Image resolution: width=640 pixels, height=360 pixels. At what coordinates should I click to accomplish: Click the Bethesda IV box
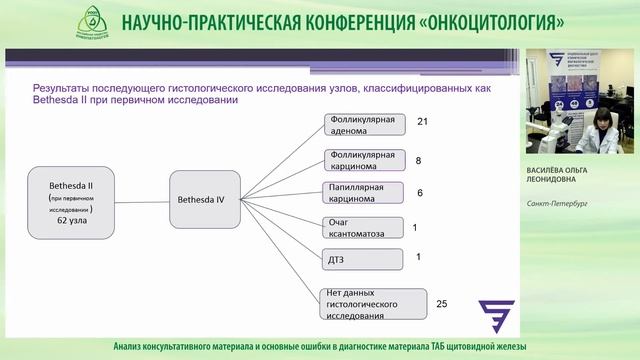coord(206,199)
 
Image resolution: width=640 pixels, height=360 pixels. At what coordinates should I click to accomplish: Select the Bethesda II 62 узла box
coord(69,201)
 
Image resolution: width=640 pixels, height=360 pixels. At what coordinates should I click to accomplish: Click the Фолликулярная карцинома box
coord(364,161)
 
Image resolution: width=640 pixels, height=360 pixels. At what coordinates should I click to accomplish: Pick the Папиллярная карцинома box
coord(364,193)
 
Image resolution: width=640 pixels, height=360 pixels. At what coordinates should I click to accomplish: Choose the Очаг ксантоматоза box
coord(364,227)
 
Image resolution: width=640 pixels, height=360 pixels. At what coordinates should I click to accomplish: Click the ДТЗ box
coord(364,258)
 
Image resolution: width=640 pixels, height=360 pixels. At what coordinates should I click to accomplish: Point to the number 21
coord(422,122)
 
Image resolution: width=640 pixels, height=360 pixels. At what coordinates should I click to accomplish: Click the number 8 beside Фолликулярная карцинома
coord(418,160)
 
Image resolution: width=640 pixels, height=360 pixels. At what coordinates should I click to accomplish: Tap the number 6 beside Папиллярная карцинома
coord(419,192)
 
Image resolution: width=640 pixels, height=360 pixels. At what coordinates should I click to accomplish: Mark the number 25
coord(443,300)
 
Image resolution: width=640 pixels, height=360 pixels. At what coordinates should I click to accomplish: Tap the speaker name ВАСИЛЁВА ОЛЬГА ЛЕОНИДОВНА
coord(581,176)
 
